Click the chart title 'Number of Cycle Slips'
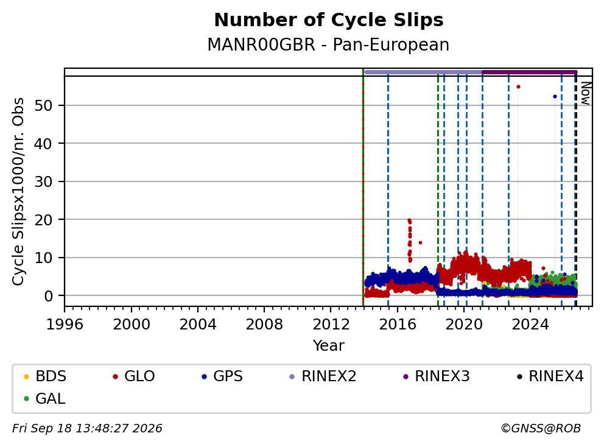(329, 20)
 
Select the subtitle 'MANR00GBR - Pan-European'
(328, 44)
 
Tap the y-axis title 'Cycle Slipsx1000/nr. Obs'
(18, 191)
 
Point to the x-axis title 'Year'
(329, 345)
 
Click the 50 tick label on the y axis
(43, 105)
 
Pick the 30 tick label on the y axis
(43, 181)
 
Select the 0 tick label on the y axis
(48, 296)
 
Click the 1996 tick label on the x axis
(65, 325)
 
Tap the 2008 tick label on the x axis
(264, 325)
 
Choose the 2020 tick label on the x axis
(464, 325)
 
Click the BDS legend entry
(45, 376)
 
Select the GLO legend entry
(134, 376)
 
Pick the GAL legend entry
(44, 398)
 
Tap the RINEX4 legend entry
(550, 376)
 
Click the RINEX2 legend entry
(323, 376)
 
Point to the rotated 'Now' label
(585, 93)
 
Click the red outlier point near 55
(518, 87)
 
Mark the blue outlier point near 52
(555, 97)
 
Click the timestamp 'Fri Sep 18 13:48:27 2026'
(87, 429)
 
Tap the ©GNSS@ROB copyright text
(541, 429)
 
